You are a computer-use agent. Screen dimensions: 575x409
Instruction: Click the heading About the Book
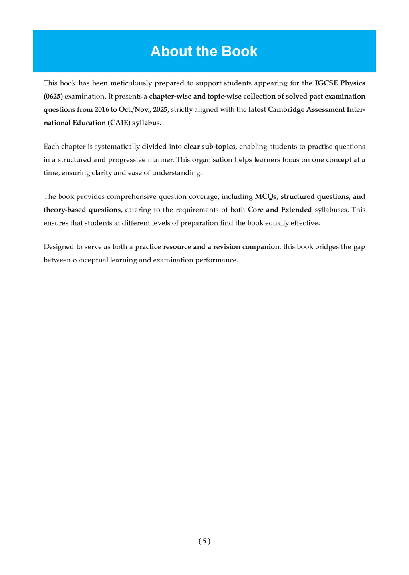click(204, 51)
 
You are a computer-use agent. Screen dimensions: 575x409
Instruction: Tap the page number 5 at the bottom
click(204, 541)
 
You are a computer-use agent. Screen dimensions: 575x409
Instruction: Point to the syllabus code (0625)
click(53, 97)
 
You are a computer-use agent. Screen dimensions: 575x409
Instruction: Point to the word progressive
click(129, 160)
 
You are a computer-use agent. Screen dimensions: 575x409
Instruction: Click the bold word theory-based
click(65, 210)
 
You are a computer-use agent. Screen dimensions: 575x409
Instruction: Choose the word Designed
click(58, 247)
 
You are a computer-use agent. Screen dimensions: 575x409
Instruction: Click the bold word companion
click(261, 247)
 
